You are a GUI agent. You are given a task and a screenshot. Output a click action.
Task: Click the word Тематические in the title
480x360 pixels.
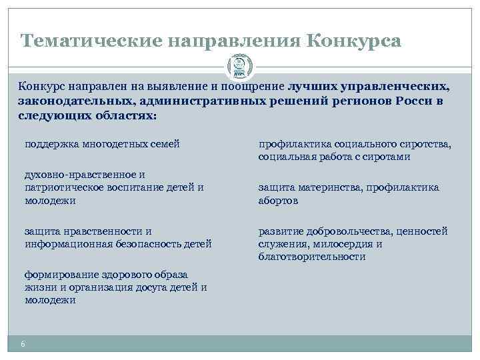(92, 42)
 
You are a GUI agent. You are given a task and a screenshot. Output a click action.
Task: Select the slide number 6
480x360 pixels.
(23, 344)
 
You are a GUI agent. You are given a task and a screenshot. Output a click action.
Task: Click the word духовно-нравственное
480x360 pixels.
(75, 174)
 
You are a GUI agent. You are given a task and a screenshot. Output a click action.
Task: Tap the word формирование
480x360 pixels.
(56, 275)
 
